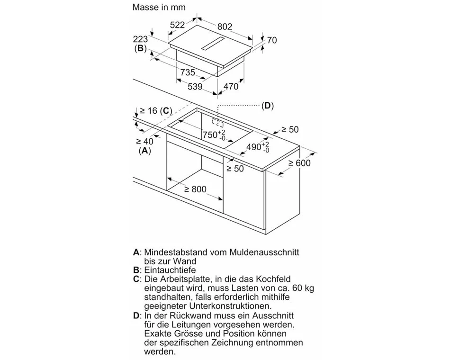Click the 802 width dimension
tap(225, 27)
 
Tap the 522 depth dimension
tap(177, 25)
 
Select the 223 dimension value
tap(140, 39)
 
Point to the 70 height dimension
tap(272, 40)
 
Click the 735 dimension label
tap(188, 72)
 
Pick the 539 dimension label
tap(195, 86)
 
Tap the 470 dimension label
tap(231, 86)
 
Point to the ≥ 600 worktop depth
tap(299, 163)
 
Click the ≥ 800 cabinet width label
tap(195, 189)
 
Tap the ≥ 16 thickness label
tap(149, 111)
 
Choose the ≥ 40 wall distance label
tap(144, 141)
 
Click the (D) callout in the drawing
tap(268, 106)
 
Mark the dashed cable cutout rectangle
tap(217, 123)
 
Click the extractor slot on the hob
tap(213, 44)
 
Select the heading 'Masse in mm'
tap(159, 7)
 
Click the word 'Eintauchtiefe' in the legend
tap(170, 270)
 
